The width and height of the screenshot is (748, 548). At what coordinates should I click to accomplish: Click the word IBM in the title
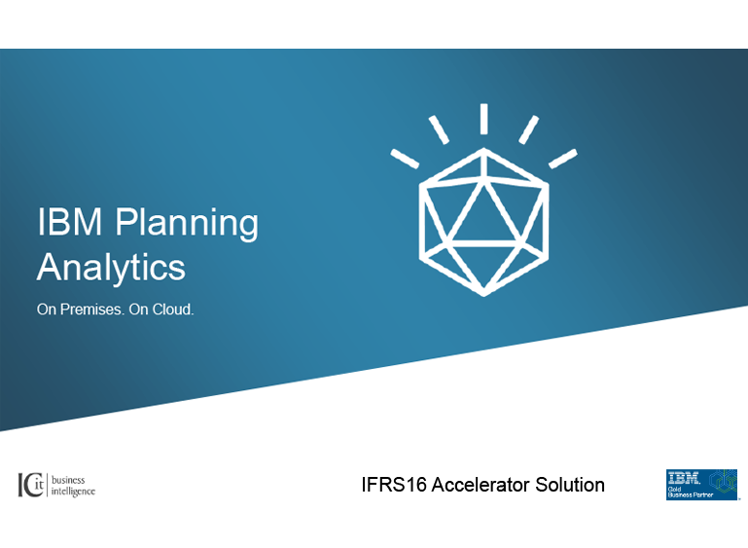pyautogui.click(x=70, y=221)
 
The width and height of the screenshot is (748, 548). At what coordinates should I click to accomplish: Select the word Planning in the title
pyautogui.click(x=187, y=224)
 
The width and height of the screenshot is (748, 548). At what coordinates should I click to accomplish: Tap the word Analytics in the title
pyautogui.click(x=111, y=268)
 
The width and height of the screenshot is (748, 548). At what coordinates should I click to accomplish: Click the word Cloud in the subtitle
pyautogui.click(x=172, y=310)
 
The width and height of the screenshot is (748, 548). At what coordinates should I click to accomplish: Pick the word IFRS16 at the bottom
pyautogui.click(x=394, y=485)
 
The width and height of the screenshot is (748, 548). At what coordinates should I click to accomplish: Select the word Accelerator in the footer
pyautogui.click(x=481, y=485)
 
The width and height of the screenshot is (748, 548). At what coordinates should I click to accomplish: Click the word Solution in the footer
pyautogui.click(x=570, y=485)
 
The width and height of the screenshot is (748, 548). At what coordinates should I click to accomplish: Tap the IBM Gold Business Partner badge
pyautogui.click(x=701, y=485)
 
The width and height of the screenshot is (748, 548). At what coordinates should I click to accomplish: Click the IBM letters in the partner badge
pyautogui.click(x=683, y=478)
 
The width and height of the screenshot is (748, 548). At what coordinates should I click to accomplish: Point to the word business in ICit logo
pyautogui.click(x=68, y=480)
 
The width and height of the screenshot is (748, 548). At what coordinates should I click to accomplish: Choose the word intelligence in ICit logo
pyautogui.click(x=73, y=492)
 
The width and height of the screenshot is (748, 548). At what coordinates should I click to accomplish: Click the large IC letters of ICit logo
pyautogui.click(x=26, y=485)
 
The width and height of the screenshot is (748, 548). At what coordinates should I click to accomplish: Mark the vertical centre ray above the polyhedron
pyautogui.click(x=483, y=119)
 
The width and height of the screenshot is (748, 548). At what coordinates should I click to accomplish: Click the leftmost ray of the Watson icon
pyautogui.click(x=405, y=159)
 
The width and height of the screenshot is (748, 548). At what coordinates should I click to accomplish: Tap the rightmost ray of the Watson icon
pyautogui.click(x=563, y=159)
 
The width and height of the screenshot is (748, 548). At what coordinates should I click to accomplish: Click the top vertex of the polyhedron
pyautogui.click(x=483, y=150)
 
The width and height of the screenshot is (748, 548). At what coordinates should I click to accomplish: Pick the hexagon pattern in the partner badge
pyautogui.click(x=723, y=481)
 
